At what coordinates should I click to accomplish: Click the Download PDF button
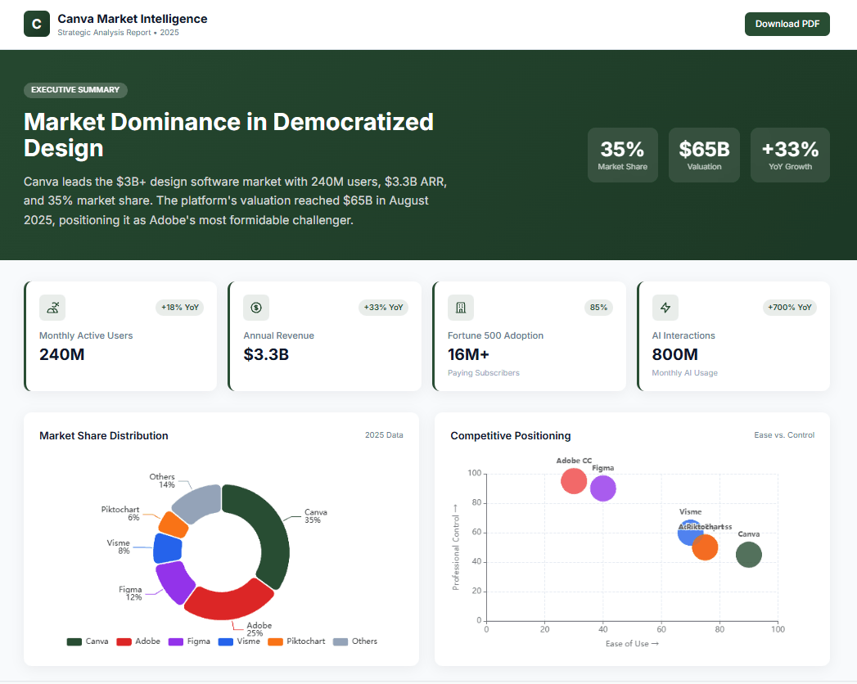point(787,24)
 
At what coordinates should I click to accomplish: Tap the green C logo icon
point(36,25)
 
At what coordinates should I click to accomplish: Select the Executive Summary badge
point(75,90)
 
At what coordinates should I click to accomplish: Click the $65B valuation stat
point(704,155)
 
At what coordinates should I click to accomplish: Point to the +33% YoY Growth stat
point(790,155)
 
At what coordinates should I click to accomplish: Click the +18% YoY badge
point(179,308)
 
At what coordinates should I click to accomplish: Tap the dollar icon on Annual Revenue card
point(256,308)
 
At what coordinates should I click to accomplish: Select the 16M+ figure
point(468,354)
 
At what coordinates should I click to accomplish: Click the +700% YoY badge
point(790,308)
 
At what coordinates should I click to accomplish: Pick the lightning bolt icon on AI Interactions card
point(665,308)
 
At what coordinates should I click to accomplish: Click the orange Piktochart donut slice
point(173,524)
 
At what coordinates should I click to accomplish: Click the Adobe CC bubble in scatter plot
point(574,480)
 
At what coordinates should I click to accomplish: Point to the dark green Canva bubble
point(748,555)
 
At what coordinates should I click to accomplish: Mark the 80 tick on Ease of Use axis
point(719,630)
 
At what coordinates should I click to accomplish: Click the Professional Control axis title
point(456,547)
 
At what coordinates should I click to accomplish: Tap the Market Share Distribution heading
point(104,436)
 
